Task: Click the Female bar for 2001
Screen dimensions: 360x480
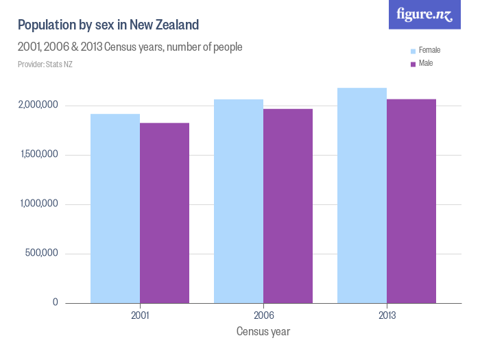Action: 115,208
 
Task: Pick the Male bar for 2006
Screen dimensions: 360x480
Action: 288,206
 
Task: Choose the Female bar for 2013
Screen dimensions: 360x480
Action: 362,195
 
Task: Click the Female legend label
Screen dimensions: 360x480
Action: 429,51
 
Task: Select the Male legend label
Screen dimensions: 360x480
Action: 426,63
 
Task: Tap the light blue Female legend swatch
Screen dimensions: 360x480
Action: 413,51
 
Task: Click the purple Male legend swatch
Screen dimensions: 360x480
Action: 413,64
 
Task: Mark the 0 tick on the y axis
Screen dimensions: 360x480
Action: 55,303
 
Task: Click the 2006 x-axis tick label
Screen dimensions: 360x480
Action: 263,316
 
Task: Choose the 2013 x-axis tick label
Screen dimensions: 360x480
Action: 387,316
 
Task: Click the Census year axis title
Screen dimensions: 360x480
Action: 263,332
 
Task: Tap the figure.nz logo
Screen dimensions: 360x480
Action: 424,14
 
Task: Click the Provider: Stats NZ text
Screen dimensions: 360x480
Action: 45,64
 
